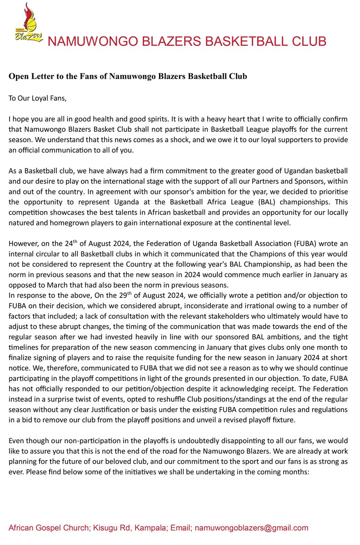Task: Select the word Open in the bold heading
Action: point(19,76)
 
